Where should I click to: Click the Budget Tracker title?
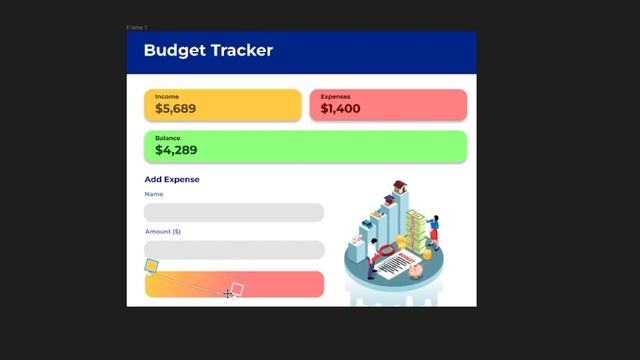tap(208, 50)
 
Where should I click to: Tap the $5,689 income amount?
tap(176, 108)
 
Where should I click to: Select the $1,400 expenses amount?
tap(340, 108)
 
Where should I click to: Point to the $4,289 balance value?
tap(176, 150)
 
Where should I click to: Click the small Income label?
tap(167, 97)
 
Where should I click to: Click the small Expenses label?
tap(335, 97)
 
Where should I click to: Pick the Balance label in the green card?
tap(167, 137)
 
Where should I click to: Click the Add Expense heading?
tap(172, 180)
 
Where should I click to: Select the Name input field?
tap(234, 212)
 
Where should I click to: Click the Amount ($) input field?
tap(234, 250)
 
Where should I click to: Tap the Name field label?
tap(154, 194)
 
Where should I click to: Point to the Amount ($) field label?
tap(162, 232)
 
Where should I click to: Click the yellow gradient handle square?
tap(152, 266)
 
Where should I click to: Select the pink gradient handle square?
tap(237, 289)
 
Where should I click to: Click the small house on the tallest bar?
tap(399, 186)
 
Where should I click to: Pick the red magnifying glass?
tap(385, 249)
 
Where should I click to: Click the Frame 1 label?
tap(136, 27)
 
